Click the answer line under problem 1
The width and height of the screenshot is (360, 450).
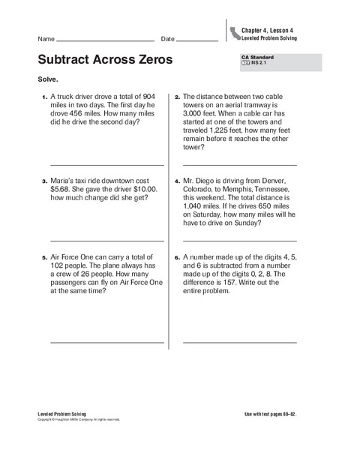(106, 165)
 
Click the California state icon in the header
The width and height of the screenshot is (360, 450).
(235, 32)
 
